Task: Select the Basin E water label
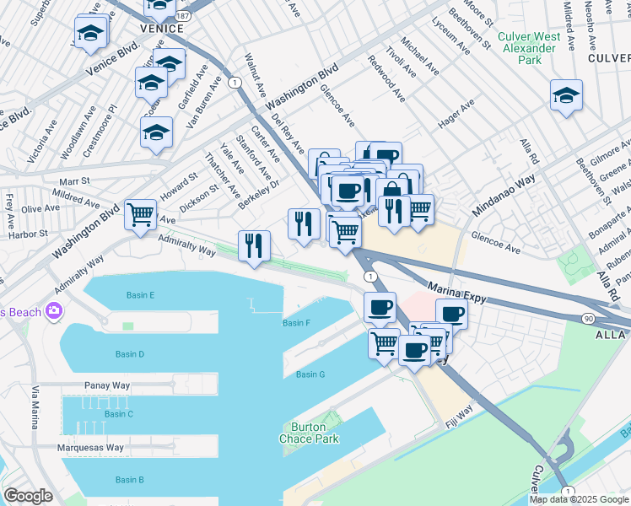[x=140, y=295]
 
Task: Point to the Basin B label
[x=129, y=480]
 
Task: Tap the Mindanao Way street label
[x=504, y=193]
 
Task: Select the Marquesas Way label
[x=90, y=448]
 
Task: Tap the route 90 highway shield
[x=588, y=318]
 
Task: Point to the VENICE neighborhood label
[x=160, y=29]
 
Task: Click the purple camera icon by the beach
[x=56, y=312]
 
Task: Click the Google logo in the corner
[x=28, y=496]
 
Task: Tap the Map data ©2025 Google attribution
[x=578, y=499]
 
